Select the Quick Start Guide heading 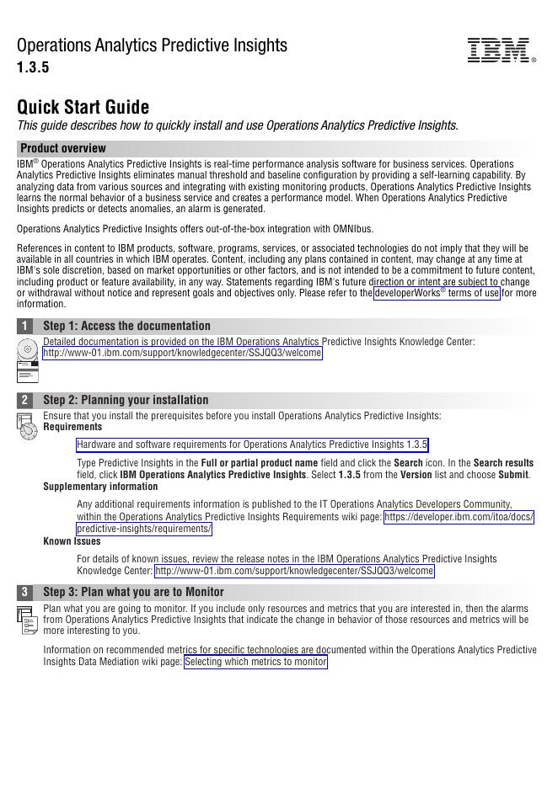(83, 108)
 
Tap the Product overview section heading (63, 148)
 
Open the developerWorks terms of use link (437, 293)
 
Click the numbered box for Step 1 (25, 326)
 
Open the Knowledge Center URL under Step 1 (182, 354)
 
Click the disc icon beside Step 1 (27, 349)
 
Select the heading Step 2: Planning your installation (126, 400)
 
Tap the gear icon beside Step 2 (27, 426)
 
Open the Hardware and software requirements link (252, 445)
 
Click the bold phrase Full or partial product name (259, 463)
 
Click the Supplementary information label (100, 487)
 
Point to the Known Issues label (72, 541)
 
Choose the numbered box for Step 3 (25, 592)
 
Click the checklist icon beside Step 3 (27, 620)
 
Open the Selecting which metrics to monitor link (255, 662)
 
